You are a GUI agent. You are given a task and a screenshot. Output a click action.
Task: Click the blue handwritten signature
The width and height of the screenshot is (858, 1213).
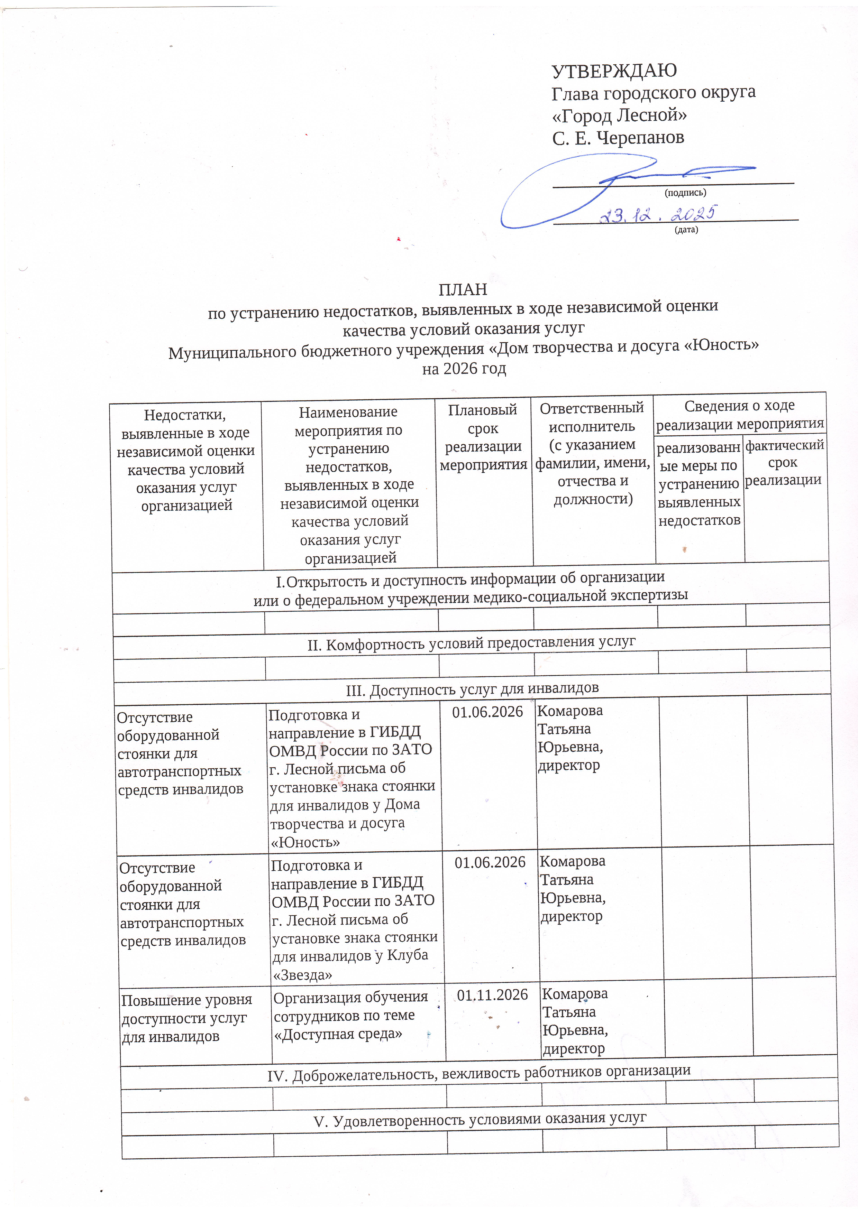[582, 185]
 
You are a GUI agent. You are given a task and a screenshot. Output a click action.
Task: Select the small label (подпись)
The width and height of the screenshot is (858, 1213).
[685, 193]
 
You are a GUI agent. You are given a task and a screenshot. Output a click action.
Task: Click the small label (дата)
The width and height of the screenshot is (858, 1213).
[686, 230]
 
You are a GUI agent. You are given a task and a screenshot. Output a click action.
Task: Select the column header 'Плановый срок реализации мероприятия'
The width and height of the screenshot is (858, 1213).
[483, 437]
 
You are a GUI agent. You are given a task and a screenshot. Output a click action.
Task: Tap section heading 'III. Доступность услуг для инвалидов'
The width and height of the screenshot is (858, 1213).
[472, 689]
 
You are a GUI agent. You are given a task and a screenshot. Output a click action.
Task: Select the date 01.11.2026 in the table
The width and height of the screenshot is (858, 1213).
[492, 995]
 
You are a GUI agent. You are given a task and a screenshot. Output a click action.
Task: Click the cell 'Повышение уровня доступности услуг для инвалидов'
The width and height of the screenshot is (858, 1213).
[186, 1018]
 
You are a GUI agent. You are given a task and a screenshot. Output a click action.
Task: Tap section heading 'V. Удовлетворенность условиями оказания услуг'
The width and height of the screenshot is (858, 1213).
[480, 1119]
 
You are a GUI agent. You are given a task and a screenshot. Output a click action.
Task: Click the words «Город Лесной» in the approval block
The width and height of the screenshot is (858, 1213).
[619, 115]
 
